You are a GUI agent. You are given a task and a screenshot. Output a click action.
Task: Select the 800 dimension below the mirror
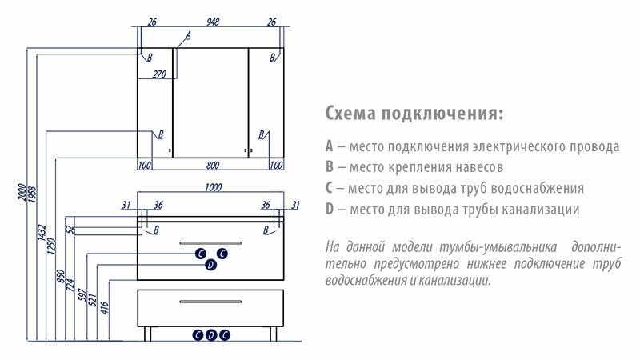[212, 166]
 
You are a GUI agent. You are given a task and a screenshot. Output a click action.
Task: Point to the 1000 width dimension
[212, 187]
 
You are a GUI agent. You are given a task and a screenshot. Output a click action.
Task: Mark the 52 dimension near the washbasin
[70, 229]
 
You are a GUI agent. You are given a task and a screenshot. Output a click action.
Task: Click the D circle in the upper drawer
[210, 265]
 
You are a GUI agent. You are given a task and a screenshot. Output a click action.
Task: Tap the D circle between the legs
[211, 335]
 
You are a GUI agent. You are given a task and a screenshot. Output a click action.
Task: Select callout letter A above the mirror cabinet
[189, 35]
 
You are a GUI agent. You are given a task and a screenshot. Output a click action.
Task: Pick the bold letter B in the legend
[330, 168]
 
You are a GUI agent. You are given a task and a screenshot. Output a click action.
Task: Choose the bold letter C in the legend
[330, 189]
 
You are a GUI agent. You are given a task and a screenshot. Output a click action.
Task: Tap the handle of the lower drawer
[211, 302]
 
